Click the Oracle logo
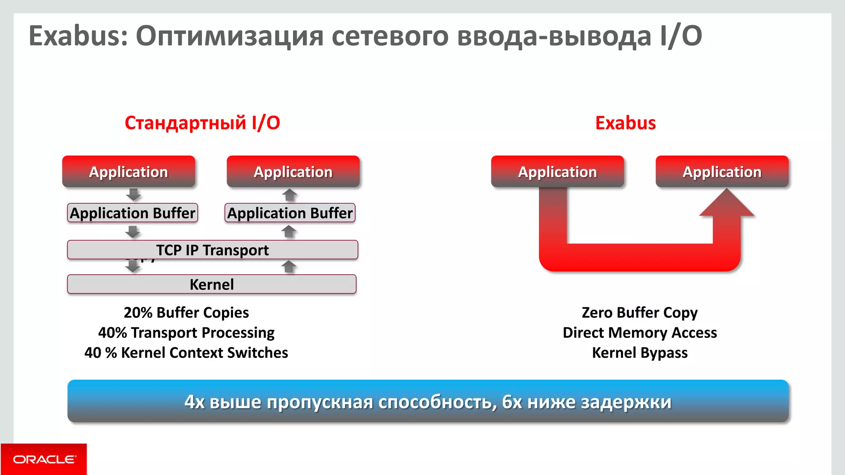(44, 459)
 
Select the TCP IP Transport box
(212, 250)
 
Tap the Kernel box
(212, 285)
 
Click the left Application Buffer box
(132, 213)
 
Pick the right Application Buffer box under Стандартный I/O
(290, 213)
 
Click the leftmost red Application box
(129, 172)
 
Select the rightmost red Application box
(722, 172)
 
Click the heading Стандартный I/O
(202, 123)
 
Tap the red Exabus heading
(625, 123)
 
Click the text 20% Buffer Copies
(186, 313)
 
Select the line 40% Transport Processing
(186, 333)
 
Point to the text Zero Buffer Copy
(640, 313)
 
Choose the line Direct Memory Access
(640, 333)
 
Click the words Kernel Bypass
(640, 353)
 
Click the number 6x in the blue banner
(512, 402)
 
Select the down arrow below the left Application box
(133, 195)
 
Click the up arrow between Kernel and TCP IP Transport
(289, 267)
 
